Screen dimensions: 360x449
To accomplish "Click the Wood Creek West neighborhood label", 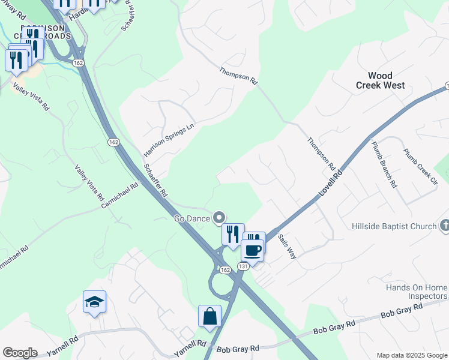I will pyautogui.click(x=388, y=80).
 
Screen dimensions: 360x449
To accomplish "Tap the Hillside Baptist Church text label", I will pyautogui.click(x=394, y=226).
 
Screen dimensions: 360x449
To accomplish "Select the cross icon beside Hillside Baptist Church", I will pyautogui.click(x=444, y=226).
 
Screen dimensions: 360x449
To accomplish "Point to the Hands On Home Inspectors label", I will pyautogui.click(x=417, y=292).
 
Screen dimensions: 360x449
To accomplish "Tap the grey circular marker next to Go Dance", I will pyautogui.click(x=220, y=218).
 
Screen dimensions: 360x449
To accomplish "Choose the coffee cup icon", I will pyautogui.click(x=253, y=250).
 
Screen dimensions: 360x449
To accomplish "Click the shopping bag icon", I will pyautogui.click(x=209, y=316).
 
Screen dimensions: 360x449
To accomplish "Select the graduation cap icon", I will pyautogui.click(x=95, y=302).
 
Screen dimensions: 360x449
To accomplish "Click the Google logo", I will pyautogui.click(x=20, y=353).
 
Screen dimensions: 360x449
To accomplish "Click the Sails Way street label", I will pyautogui.click(x=287, y=246).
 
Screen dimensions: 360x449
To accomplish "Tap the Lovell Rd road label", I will pyautogui.click(x=330, y=184).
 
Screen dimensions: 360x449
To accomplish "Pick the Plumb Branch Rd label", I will pyautogui.click(x=384, y=164).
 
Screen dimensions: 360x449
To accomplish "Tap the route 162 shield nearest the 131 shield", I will pyautogui.click(x=224, y=271).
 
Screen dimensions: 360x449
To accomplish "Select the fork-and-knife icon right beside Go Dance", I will pyautogui.click(x=232, y=234).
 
